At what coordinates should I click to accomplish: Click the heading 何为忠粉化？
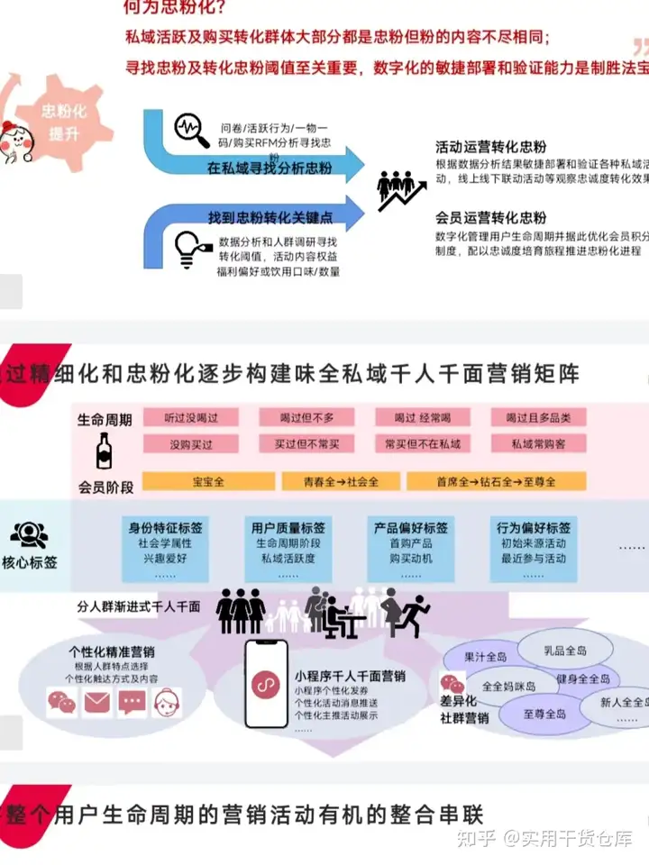(x=175, y=10)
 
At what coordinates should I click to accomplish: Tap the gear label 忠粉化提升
(x=63, y=122)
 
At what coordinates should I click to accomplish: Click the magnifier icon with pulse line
(x=191, y=128)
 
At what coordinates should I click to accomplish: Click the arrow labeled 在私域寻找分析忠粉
(x=270, y=168)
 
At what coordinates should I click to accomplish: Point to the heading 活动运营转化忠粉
(x=490, y=146)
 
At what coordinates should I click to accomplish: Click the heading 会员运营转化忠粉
(x=490, y=217)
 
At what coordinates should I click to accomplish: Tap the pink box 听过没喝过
(x=191, y=417)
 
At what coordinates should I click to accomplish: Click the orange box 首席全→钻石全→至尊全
(x=497, y=481)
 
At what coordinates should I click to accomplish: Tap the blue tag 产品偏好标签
(x=411, y=527)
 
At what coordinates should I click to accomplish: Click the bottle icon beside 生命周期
(x=105, y=451)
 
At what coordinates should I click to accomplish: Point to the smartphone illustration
(x=267, y=683)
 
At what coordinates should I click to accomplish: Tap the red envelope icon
(x=96, y=701)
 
